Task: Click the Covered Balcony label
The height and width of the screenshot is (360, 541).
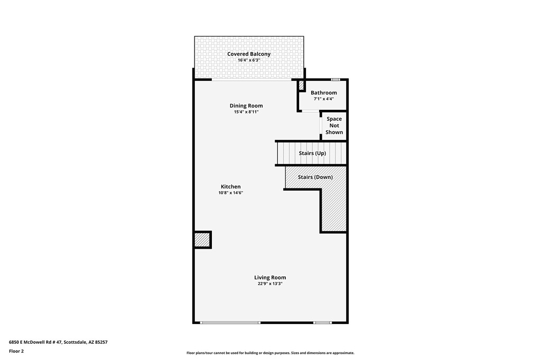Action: click(x=249, y=54)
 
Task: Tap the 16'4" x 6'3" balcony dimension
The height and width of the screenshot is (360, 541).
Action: click(x=249, y=60)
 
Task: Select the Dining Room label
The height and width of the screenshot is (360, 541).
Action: click(x=246, y=106)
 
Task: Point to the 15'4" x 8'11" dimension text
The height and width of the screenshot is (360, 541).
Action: click(x=246, y=112)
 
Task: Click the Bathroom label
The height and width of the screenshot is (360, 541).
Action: click(x=324, y=92)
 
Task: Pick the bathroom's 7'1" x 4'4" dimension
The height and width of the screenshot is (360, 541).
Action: click(x=324, y=99)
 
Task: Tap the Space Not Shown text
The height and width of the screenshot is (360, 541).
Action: click(x=334, y=126)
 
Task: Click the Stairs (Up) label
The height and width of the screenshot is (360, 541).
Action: click(x=312, y=153)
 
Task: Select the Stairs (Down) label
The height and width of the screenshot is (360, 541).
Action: click(x=315, y=177)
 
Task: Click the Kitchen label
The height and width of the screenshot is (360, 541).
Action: click(x=231, y=186)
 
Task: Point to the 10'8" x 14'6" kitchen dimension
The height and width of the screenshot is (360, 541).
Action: click(x=231, y=193)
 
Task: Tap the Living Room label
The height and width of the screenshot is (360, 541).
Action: click(x=270, y=277)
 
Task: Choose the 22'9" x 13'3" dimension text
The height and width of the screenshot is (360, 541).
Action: click(x=270, y=283)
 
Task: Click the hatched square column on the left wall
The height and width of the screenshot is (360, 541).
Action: click(x=202, y=240)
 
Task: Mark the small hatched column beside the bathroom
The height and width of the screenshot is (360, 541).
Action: click(x=301, y=85)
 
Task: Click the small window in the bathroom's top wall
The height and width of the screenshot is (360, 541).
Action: click(x=335, y=80)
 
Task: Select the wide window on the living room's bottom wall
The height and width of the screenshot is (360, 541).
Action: click(x=230, y=323)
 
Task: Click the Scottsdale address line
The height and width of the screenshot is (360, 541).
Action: click(x=58, y=343)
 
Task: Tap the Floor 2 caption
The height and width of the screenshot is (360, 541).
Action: click(x=16, y=352)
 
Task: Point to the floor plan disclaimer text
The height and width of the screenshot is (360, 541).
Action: click(x=270, y=353)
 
